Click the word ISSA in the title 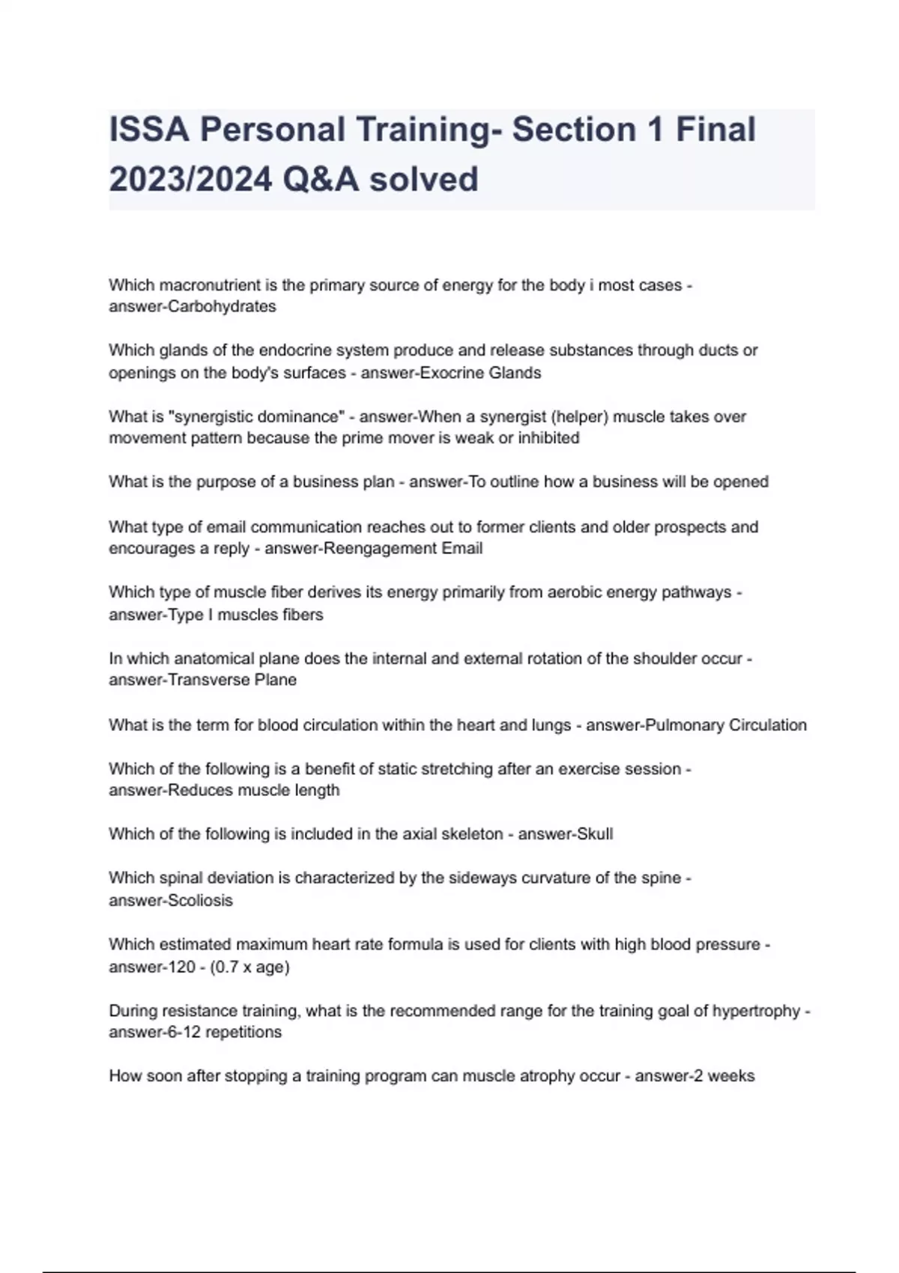pos(148,130)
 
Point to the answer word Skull pos(592,834)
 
